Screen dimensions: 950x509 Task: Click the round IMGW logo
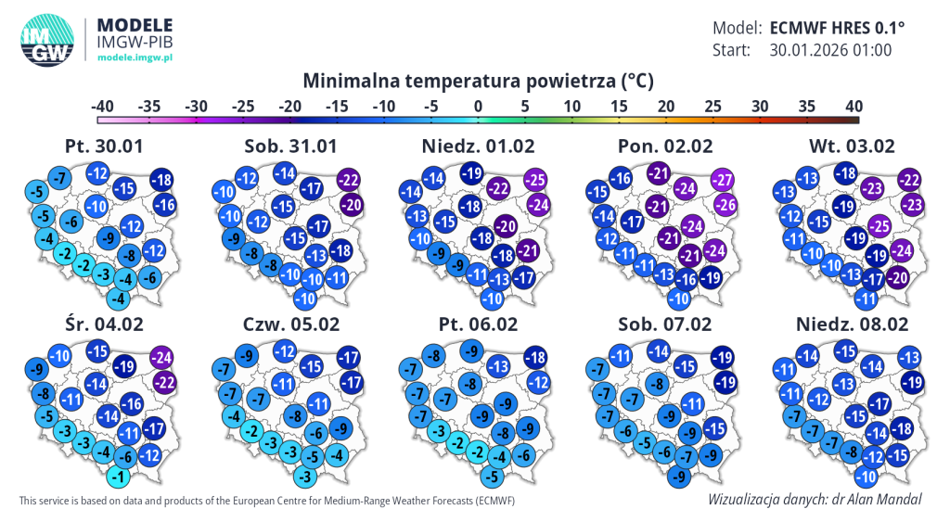click(x=47, y=41)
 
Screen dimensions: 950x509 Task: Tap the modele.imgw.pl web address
click(x=135, y=57)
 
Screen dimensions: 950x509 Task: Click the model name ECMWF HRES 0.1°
click(x=837, y=28)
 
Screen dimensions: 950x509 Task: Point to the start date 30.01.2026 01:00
click(x=830, y=50)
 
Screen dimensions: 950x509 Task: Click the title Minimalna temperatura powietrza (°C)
click(x=478, y=81)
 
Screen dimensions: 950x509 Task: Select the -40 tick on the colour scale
click(x=102, y=107)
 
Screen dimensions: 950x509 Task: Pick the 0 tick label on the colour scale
click(x=478, y=107)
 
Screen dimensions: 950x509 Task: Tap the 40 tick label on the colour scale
click(x=854, y=107)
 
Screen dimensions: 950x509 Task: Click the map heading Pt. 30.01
click(x=104, y=146)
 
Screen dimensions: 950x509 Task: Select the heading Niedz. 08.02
click(x=852, y=324)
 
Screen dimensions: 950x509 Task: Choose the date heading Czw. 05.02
click(x=290, y=324)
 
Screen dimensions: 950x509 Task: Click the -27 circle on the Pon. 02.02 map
click(x=722, y=180)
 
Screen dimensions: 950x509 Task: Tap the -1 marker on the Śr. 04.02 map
click(x=119, y=477)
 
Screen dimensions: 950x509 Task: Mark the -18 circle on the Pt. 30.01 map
click(x=161, y=180)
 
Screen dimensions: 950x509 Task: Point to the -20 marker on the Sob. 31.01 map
click(x=352, y=205)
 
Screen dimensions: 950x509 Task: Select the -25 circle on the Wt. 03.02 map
click(x=879, y=226)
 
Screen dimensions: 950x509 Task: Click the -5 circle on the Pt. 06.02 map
click(x=493, y=477)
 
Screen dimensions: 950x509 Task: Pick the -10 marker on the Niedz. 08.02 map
click(x=866, y=477)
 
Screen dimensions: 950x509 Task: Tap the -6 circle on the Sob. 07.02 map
click(x=665, y=452)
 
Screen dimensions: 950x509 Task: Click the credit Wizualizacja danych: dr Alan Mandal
click(x=815, y=500)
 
